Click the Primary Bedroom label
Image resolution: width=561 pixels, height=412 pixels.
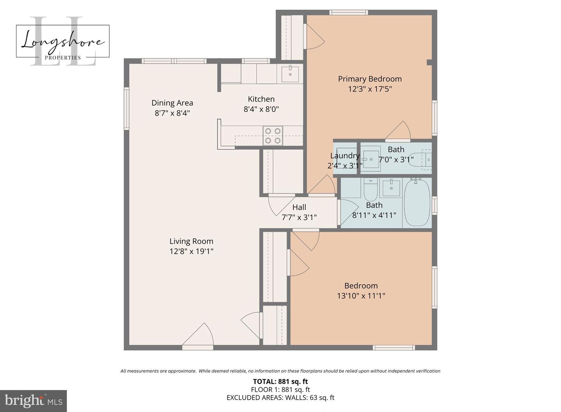tap(369, 79)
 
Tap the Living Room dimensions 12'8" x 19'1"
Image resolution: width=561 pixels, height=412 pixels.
tap(191, 251)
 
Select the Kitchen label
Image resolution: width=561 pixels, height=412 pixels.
tap(261, 99)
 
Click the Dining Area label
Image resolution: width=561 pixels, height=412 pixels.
tap(172, 103)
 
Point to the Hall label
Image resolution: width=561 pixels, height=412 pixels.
tap(299, 207)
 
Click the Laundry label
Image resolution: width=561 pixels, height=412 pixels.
tap(344, 156)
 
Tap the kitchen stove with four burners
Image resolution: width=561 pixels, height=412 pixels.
tap(273, 136)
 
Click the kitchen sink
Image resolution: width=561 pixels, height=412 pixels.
tap(290, 74)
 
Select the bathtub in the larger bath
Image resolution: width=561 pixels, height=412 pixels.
tap(417, 203)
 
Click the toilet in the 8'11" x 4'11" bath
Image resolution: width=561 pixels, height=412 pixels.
tap(370, 189)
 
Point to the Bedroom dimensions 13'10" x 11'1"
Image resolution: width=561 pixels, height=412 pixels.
tap(361, 296)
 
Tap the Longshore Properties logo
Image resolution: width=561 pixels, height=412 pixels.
tap(63, 41)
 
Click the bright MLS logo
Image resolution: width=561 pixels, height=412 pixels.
tap(33, 401)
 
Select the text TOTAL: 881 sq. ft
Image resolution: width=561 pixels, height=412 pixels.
tap(280, 382)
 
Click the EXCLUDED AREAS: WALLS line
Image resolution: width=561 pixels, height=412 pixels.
tap(280, 398)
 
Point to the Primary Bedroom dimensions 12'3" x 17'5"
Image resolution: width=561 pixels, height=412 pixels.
tap(369, 89)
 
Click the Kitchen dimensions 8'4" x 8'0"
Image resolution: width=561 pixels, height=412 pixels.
tap(261, 110)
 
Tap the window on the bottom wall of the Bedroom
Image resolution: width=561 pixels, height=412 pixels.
tap(393, 347)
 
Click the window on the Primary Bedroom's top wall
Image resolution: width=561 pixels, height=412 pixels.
tap(349, 12)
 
